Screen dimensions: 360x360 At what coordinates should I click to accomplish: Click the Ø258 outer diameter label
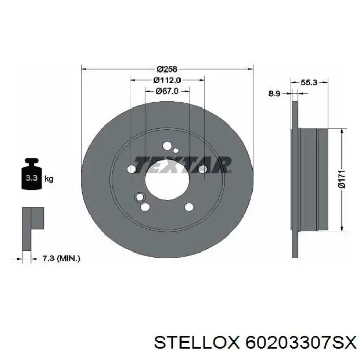pyautogui.click(x=167, y=68)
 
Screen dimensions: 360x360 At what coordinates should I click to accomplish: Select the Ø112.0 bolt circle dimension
pyautogui.click(x=167, y=80)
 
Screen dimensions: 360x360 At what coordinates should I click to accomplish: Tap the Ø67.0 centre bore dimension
pyautogui.click(x=167, y=91)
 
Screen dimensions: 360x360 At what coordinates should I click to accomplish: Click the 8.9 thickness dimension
pyautogui.click(x=275, y=94)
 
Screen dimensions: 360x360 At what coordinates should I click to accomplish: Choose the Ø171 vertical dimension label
pyautogui.click(x=342, y=179)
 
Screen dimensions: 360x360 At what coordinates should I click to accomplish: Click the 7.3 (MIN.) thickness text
pyautogui.click(x=61, y=259)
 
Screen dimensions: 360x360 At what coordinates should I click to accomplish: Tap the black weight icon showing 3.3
pyautogui.click(x=31, y=174)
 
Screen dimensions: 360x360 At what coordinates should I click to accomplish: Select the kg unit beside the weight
pyautogui.click(x=49, y=178)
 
